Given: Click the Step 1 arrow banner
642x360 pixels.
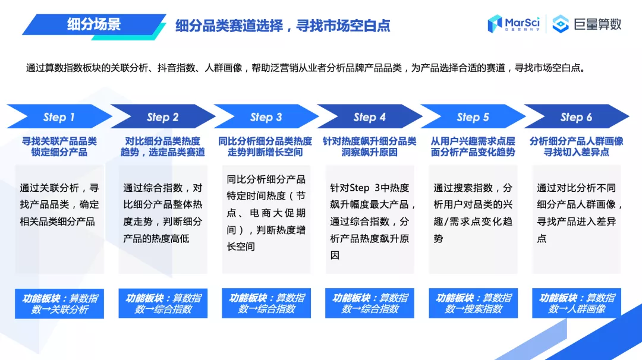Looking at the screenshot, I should click(x=59, y=117).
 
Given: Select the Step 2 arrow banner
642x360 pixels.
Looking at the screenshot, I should click(x=162, y=117).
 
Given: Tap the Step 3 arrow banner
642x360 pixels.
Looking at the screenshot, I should click(x=266, y=117).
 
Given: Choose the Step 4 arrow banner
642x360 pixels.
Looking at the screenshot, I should click(x=369, y=117).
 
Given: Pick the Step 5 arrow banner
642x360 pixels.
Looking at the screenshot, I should click(x=473, y=117).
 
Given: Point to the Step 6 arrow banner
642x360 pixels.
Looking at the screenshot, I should click(x=576, y=117).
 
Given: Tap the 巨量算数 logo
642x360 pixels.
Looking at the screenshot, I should click(x=587, y=24).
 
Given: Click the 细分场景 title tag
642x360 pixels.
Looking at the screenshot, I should click(x=93, y=24).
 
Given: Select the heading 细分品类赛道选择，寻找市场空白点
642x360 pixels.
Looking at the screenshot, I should click(x=283, y=26).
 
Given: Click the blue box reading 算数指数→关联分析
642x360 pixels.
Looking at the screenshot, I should click(x=59, y=304).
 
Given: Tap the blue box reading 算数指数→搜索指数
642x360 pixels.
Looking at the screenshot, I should click(x=473, y=304).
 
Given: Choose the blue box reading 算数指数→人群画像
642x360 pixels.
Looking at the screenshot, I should click(x=577, y=304).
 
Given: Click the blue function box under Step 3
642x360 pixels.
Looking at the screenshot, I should click(x=266, y=304).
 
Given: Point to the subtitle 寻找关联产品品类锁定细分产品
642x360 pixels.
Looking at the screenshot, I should click(x=59, y=147).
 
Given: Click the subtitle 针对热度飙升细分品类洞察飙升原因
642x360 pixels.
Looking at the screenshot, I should click(x=369, y=147).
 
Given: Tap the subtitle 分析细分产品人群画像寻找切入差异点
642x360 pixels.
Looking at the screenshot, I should click(x=576, y=147).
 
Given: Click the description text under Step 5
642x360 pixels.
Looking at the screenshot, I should click(x=473, y=213).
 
